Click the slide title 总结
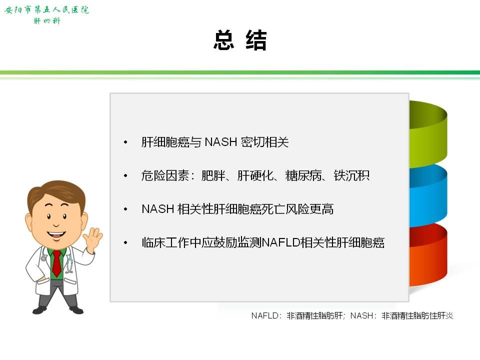pyautogui.click(x=240, y=40)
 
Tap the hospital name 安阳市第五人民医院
pyautogui.click(x=46, y=10)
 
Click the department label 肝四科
pyautogui.click(x=47, y=21)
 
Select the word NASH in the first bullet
pyautogui.click(x=220, y=142)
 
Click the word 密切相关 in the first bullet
pyautogui.click(x=264, y=142)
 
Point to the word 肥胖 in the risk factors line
pyautogui.click(x=213, y=175)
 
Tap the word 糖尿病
pyautogui.click(x=303, y=175)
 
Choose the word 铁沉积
pyautogui.click(x=351, y=175)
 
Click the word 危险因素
pyautogui.click(x=165, y=175)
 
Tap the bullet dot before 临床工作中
pyautogui.click(x=125, y=243)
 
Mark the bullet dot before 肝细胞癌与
pyautogui.click(x=125, y=142)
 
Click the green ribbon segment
pyautogui.click(x=428, y=133)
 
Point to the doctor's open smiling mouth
pyautogui.click(x=56, y=235)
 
